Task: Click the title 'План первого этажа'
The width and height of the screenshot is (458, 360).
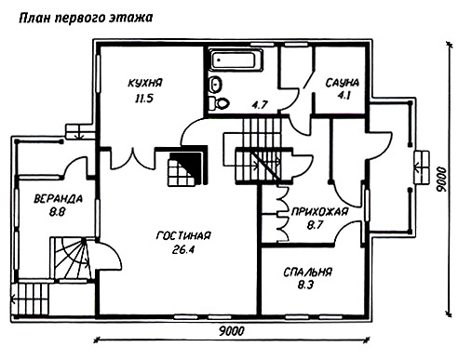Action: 86,18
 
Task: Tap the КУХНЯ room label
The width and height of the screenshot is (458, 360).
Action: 145,83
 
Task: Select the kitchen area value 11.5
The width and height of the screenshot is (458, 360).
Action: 144,99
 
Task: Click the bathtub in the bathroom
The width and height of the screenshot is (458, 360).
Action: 236,60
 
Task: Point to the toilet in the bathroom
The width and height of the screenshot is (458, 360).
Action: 219,103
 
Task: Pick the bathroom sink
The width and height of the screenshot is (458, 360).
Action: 215,84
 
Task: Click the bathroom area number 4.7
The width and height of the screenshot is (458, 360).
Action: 260,105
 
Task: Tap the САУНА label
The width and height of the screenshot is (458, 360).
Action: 343,83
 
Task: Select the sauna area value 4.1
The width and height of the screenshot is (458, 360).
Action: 343,95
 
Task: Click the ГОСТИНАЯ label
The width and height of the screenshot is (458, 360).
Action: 183,235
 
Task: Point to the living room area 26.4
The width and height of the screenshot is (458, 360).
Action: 183,249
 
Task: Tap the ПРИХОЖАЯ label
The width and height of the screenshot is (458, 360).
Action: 319,212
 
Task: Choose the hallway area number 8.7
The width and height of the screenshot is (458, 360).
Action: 315,225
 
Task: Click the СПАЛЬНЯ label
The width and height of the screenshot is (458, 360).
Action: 307,272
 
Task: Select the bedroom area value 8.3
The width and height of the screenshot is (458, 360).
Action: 305,285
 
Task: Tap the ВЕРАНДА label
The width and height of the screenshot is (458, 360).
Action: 58,198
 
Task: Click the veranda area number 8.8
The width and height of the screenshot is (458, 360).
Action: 57,212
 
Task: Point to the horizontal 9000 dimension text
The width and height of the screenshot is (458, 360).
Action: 232,331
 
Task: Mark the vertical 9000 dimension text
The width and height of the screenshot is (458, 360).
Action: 440,180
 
